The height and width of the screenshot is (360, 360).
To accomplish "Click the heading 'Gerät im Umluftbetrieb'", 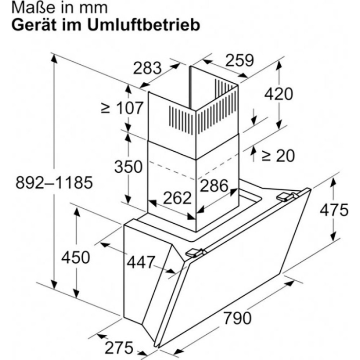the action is coord(105,25).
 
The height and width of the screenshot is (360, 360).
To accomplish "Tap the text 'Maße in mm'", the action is coord(60,8).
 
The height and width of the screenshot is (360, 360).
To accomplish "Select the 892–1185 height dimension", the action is coord(54,183).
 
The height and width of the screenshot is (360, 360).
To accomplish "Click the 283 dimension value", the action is coord(147,68).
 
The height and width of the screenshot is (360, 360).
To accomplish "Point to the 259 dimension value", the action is coord(240,60).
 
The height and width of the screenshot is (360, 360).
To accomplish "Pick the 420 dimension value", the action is coord(279,94).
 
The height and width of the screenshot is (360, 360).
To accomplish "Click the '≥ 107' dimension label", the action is coord(122,107).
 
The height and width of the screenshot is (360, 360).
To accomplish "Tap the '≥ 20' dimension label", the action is coord(278,156).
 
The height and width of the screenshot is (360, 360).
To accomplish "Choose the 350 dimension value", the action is coord(129,167).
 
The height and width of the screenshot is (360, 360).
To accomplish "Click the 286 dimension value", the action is coord(214,185).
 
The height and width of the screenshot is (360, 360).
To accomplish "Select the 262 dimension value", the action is coord(177,197).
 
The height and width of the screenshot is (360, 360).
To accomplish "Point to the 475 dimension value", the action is coord(334,210).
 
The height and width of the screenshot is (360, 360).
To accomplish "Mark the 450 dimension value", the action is coord(76,257).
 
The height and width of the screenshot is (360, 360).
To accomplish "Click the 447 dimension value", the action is coord(141,262).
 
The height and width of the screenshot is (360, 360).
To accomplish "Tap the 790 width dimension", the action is coord(238,318).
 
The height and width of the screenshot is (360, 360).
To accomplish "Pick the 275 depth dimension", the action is coord(119,347).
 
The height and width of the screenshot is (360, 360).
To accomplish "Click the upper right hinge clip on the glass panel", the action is coord(285,197).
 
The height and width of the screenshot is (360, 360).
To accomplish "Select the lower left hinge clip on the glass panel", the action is coord(195,253).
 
